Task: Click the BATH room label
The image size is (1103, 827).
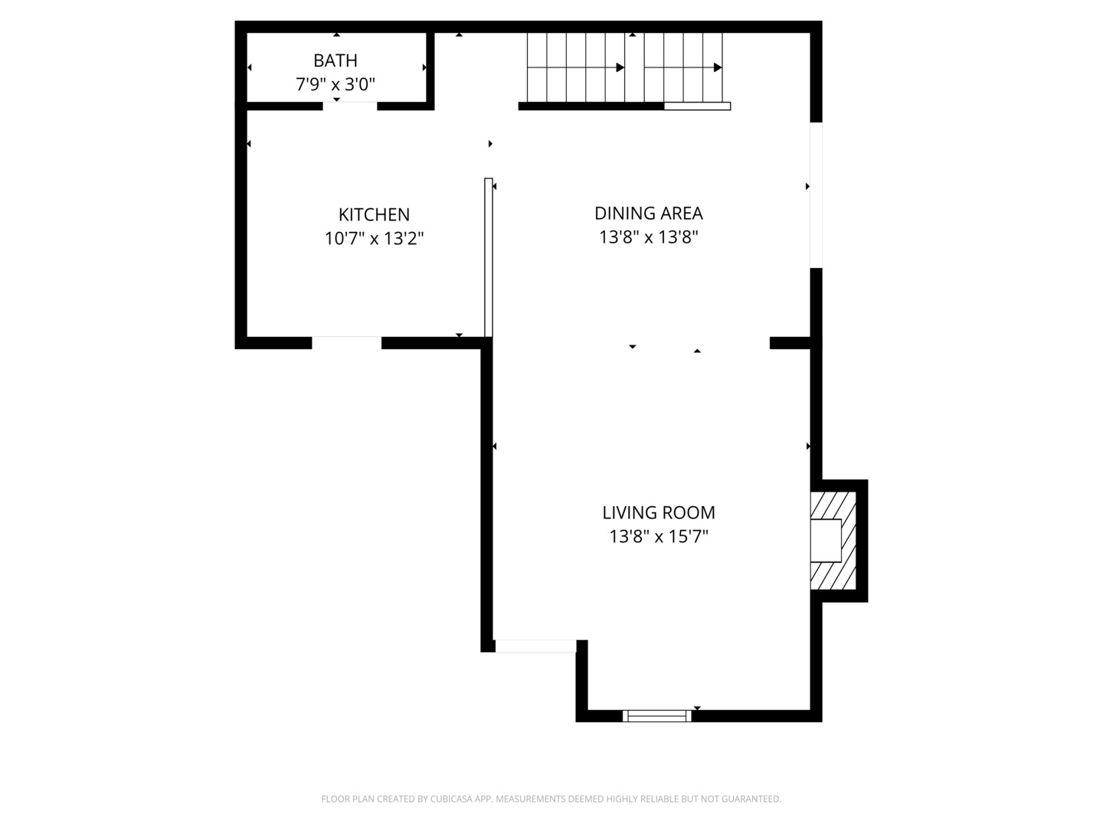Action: [335, 60]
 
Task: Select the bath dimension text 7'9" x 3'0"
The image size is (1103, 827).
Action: [335, 84]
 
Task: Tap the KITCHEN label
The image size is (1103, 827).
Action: [374, 214]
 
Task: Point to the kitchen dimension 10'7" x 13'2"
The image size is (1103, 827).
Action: [374, 239]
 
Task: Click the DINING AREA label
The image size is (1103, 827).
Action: [648, 213]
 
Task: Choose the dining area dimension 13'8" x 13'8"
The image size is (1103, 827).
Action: [648, 237]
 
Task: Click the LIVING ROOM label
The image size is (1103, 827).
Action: [658, 512]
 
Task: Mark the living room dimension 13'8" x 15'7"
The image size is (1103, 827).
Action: [658, 537]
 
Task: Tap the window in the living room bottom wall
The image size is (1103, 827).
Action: [656, 716]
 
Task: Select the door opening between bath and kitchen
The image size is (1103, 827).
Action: [349, 106]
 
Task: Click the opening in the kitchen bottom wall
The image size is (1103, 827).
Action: [346, 342]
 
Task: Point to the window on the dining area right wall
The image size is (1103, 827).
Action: [817, 195]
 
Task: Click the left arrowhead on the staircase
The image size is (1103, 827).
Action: [620, 67]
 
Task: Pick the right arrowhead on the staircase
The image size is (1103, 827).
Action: [718, 67]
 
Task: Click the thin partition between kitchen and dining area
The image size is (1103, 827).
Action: [488, 257]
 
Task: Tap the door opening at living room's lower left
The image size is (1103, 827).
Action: [535, 646]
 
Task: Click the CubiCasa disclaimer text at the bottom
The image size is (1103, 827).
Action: [551, 799]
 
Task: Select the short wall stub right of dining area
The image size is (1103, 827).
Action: [790, 342]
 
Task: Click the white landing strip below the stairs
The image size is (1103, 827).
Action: [697, 106]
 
